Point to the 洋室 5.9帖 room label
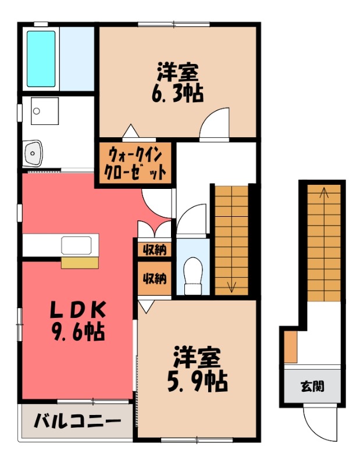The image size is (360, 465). pyautogui.click(x=198, y=369)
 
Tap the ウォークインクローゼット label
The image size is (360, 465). pyautogui.click(x=135, y=164)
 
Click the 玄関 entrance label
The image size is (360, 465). pyautogui.click(x=312, y=385)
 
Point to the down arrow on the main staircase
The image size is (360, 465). pyautogui.click(x=231, y=285)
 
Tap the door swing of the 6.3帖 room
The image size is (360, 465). pyautogui.click(x=214, y=125)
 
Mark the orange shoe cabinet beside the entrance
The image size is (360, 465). pyautogui.click(x=291, y=348)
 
